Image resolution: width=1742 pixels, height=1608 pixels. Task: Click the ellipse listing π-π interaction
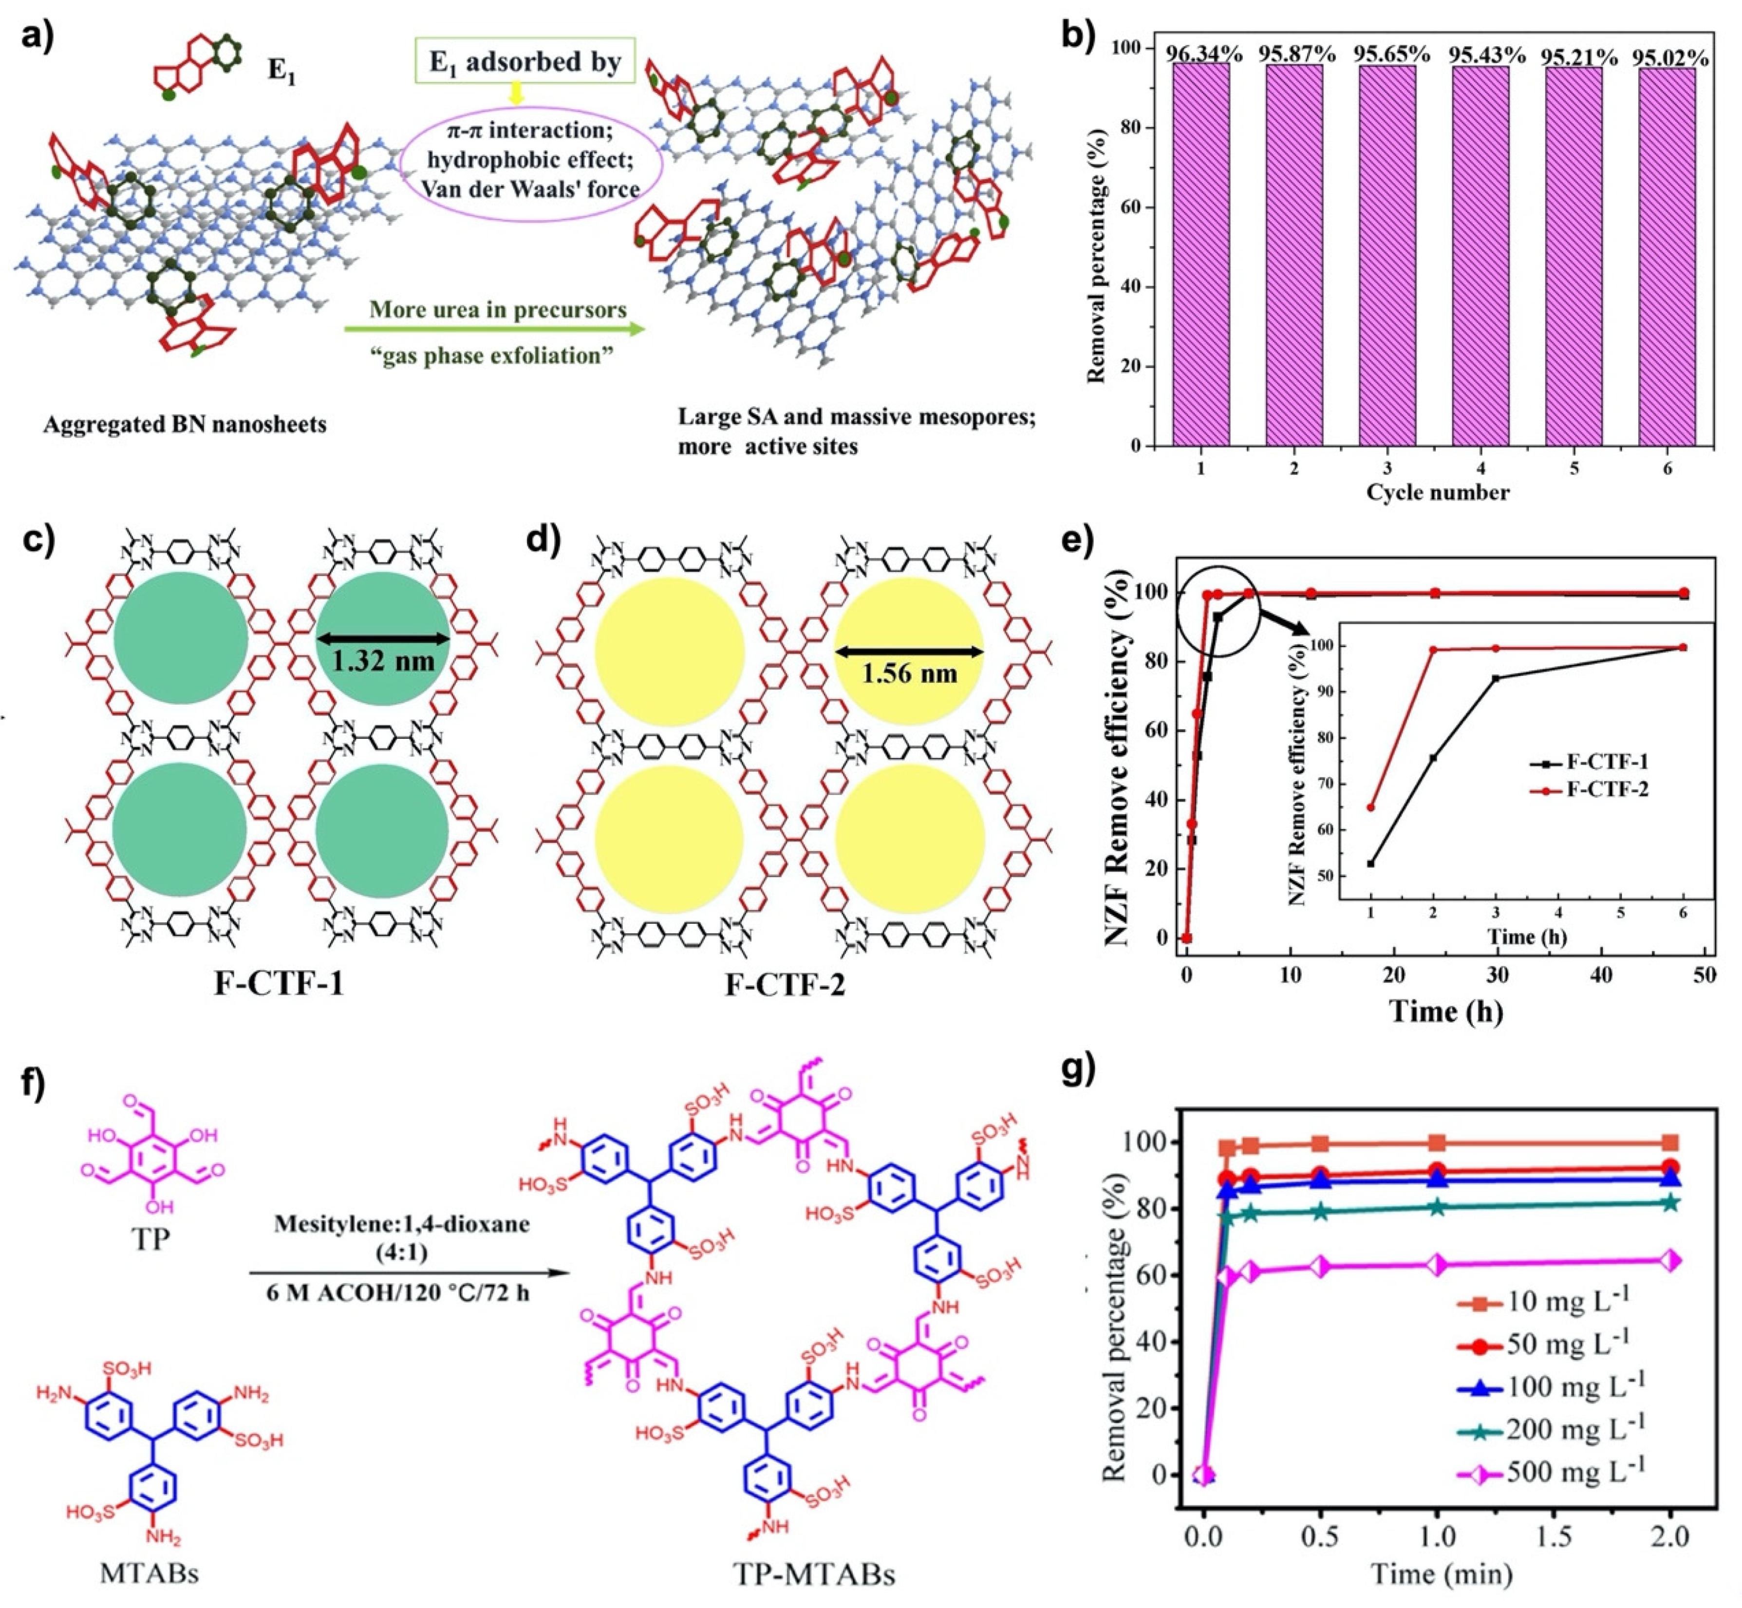click(x=531, y=160)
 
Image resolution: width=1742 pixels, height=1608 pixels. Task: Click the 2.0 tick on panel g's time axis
click(x=1670, y=1536)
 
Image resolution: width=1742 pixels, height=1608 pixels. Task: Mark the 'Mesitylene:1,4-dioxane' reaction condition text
click(x=402, y=1224)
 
